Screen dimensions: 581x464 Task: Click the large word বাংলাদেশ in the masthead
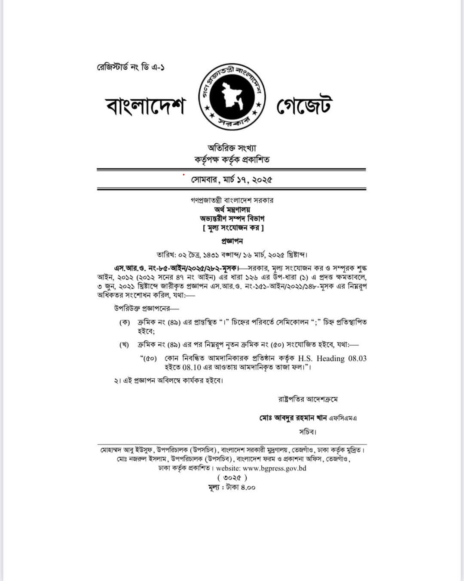coord(145,107)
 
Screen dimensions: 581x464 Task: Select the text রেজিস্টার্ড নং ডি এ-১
coord(131,67)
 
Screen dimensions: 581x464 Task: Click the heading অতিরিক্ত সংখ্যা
coord(232,148)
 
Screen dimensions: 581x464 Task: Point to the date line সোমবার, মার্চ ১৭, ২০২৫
coord(232,179)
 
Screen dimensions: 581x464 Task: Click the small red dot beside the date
coord(183,175)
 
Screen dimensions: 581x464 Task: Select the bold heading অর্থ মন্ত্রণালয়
coord(232,210)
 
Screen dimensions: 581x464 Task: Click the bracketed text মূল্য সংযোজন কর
coord(233,228)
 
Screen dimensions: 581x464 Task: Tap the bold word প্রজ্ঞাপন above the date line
coord(232,241)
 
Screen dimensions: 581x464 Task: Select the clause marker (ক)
coord(125,322)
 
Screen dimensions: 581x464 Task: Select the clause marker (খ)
coord(125,345)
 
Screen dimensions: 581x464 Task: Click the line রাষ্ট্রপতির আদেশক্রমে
coord(308,399)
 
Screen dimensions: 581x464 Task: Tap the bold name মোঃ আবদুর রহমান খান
coord(293,418)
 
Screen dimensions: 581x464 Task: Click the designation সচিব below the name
coord(308,432)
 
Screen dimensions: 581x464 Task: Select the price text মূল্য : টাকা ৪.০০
coord(232,488)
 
